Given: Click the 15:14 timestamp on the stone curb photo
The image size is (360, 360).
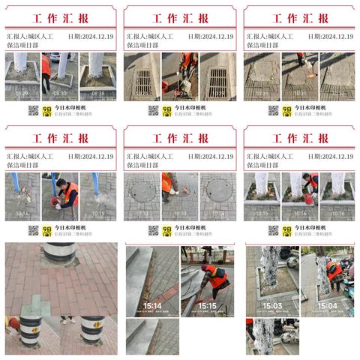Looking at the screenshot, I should point(153,305).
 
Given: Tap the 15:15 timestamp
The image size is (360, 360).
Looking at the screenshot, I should point(207,305).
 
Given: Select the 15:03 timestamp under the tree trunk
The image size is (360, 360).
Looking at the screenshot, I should point(272,305).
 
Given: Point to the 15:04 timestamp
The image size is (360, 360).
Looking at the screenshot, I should point(327,305).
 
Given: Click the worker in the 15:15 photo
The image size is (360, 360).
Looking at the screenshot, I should point(216,277).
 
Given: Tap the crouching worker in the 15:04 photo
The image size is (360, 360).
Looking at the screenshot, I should point(334,274).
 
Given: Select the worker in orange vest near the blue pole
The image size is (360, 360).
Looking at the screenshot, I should point(69,193).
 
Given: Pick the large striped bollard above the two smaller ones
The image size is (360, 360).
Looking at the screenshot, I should point(58,256).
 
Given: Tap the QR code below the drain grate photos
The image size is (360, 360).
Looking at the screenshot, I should point(153,110).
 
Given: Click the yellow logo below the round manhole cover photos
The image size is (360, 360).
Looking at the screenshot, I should point(166,230).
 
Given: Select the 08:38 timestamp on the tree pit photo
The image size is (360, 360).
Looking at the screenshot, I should point(98,94).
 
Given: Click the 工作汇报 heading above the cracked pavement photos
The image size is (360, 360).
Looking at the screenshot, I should point(299,18).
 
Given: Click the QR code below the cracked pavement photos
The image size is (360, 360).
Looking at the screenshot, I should point(273,110).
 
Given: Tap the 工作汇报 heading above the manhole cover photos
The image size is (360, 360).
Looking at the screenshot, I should point(180,138).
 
